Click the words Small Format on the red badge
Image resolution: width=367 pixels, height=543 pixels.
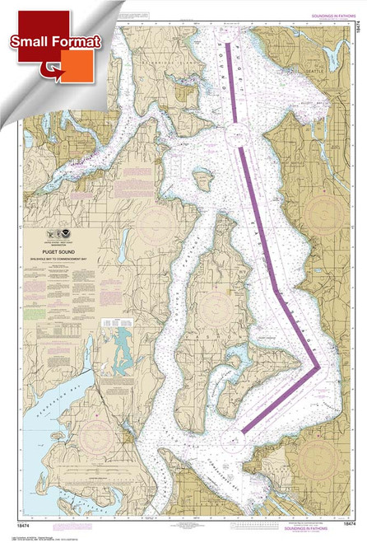click(57, 40)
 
